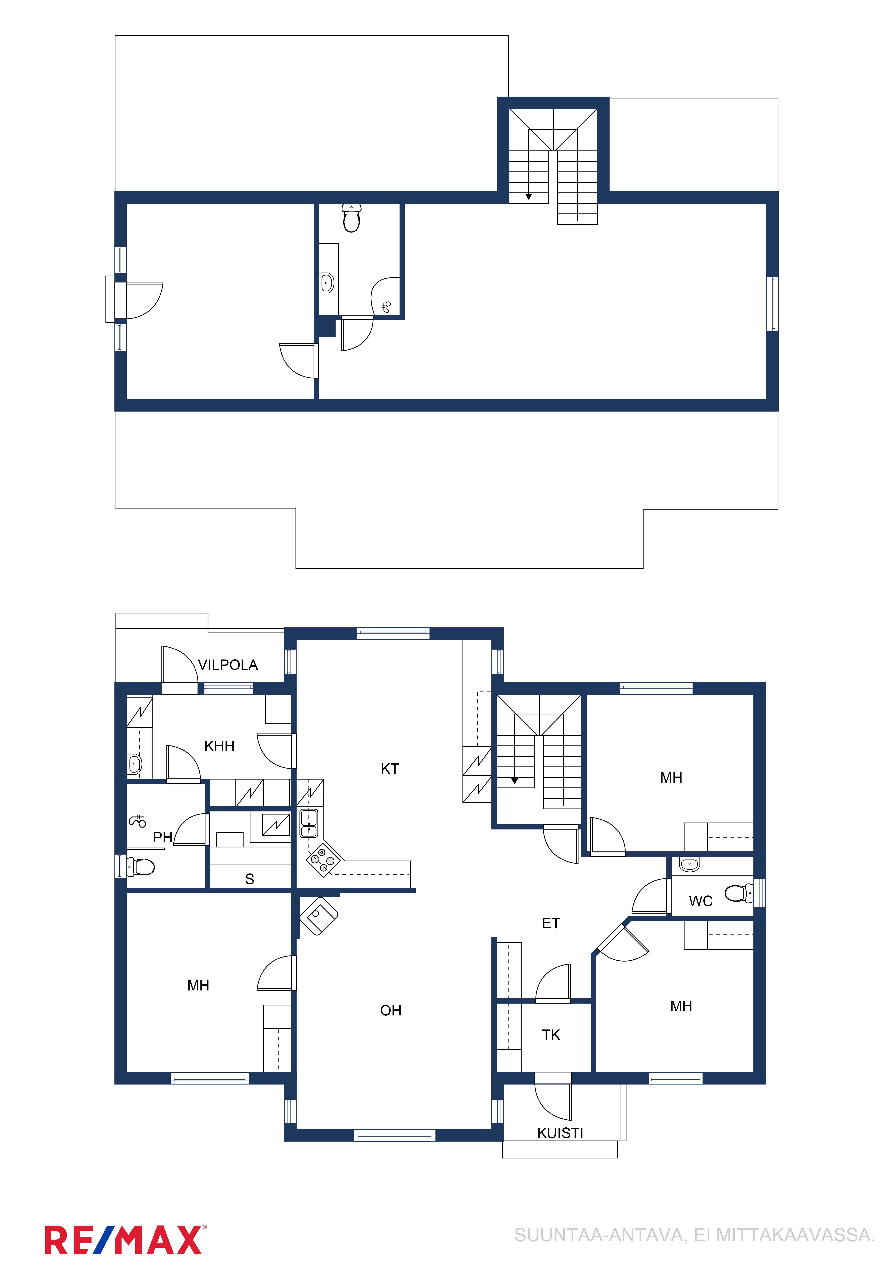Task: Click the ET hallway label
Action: tap(551, 923)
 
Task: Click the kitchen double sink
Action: tap(309, 823)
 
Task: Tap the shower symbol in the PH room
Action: tap(138, 821)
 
